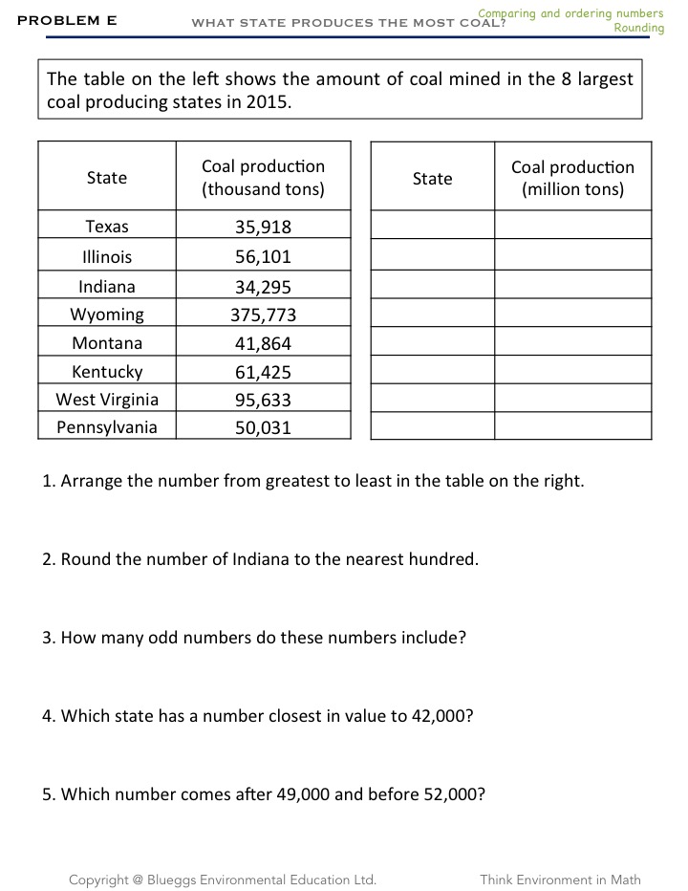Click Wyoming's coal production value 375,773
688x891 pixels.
point(263,315)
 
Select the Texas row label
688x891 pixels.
point(107,227)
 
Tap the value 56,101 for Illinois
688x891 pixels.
point(263,257)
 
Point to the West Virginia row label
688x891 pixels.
point(107,400)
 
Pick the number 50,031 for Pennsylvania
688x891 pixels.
point(263,428)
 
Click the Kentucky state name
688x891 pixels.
point(107,372)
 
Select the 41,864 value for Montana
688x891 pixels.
point(263,344)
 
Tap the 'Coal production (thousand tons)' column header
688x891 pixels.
point(263,178)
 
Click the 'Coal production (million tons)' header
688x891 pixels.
point(572,178)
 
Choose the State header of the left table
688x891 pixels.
point(107,178)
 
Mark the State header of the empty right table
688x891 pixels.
point(432,179)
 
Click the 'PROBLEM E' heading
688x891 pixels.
point(67,19)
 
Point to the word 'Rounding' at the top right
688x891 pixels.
point(638,29)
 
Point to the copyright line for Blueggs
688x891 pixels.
point(222,880)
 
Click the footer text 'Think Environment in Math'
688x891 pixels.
point(560,880)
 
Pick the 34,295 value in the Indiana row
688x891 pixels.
point(263,288)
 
